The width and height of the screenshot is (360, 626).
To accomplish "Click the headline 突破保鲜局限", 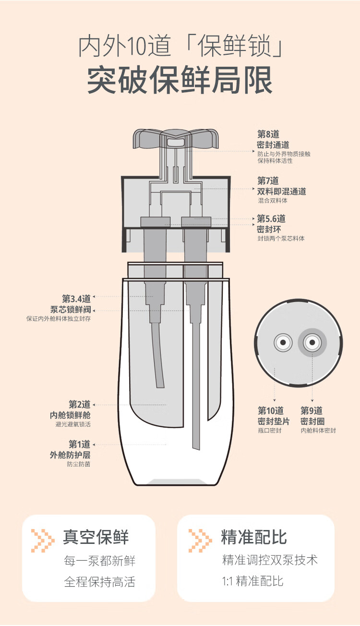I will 180,79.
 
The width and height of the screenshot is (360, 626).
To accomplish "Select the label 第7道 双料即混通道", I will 281,186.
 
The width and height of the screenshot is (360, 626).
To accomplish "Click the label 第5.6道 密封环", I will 271,224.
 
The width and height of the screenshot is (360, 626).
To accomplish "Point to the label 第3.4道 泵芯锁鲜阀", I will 71,304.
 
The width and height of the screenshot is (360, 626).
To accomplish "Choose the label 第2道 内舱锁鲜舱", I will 71,409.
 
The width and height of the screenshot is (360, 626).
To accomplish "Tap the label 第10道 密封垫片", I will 274,416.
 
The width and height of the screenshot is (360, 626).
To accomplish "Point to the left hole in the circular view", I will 283,343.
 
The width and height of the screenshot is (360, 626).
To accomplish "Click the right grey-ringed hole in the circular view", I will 312,343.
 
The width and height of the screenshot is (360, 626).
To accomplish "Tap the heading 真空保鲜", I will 96,537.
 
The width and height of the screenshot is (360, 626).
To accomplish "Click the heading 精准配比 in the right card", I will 254,537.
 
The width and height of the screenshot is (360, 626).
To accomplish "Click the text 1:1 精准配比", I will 252,581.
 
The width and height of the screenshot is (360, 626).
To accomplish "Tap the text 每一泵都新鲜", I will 100,560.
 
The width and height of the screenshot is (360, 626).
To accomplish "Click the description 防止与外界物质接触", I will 284,154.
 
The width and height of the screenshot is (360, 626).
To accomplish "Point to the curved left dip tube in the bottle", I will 157,355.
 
